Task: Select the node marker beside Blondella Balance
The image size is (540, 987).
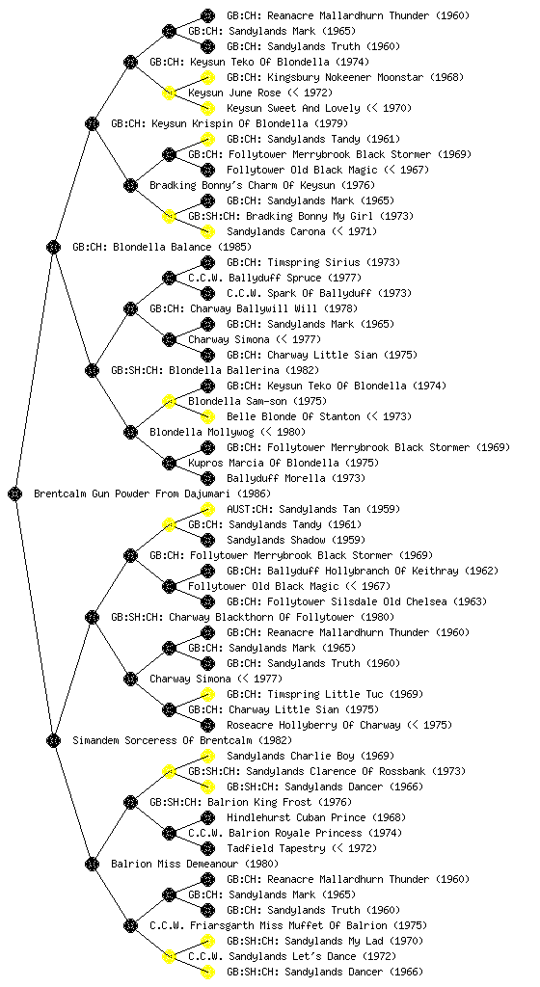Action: (53, 247)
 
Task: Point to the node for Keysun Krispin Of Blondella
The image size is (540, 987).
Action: (92, 123)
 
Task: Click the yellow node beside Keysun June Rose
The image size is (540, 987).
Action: (169, 93)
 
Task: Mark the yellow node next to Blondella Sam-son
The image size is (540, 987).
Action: (169, 401)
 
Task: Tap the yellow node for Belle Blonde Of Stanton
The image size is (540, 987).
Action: (207, 416)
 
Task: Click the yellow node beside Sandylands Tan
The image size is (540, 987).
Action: (207, 509)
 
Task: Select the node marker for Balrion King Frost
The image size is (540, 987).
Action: (130, 802)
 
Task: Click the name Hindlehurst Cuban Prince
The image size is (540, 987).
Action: (296, 817)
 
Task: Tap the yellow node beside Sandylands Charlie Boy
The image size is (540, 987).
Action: (207, 756)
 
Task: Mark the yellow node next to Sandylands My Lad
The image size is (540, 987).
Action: (207, 941)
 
